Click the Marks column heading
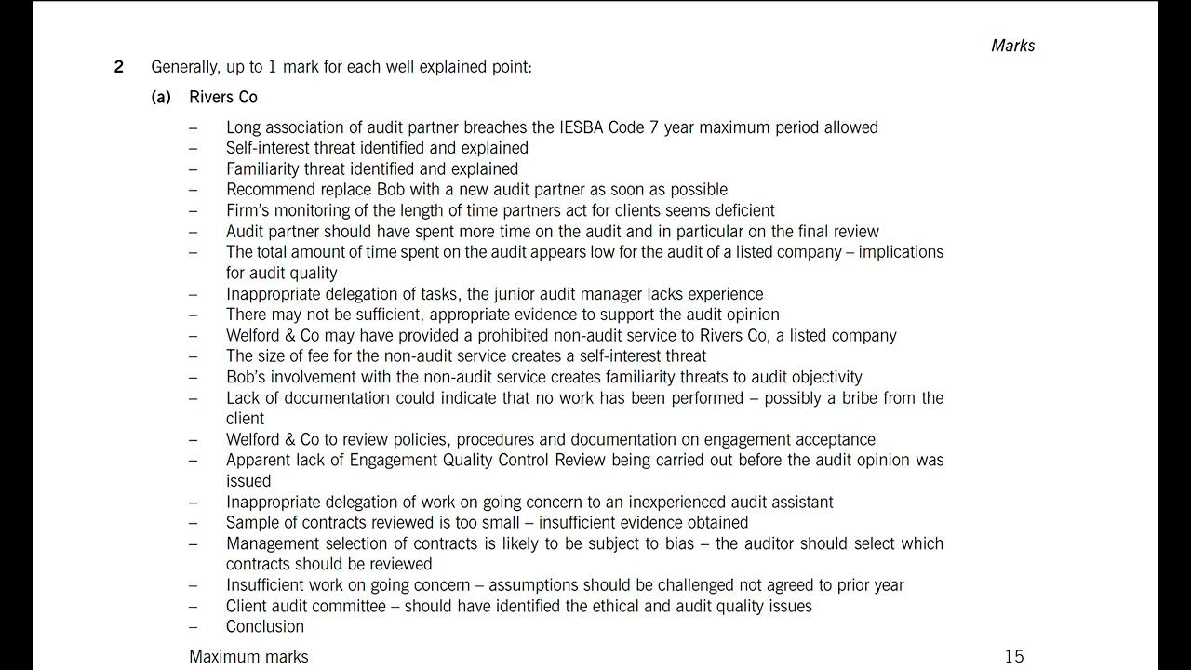(x=1012, y=46)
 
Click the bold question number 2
(x=118, y=67)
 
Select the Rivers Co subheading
(x=223, y=97)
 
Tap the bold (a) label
(x=161, y=97)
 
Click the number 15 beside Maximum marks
(x=1013, y=657)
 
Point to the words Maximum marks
(x=248, y=657)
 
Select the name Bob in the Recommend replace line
(x=369, y=190)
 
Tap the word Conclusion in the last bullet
(x=265, y=626)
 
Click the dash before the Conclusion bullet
(x=193, y=626)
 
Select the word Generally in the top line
(x=185, y=67)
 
